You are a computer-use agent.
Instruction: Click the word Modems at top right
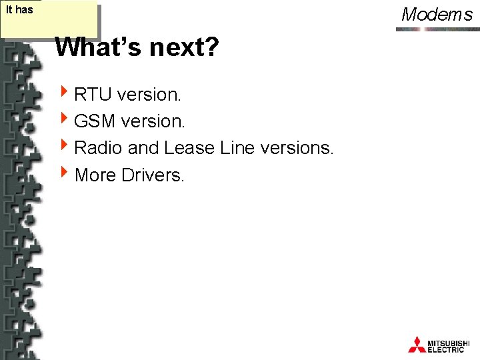click(437, 14)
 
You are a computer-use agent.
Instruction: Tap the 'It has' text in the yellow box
click(19, 10)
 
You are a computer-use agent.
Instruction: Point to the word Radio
click(98, 148)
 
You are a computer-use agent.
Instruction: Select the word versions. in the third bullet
click(297, 148)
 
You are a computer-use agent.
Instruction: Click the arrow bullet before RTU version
click(64, 93)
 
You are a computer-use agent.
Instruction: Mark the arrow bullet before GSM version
click(64, 120)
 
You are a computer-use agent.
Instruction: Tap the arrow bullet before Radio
click(64, 147)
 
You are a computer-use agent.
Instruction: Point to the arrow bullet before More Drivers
click(64, 173)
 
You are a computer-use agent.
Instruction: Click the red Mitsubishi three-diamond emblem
click(417, 344)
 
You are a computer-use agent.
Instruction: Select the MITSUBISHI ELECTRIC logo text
click(451, 345)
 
